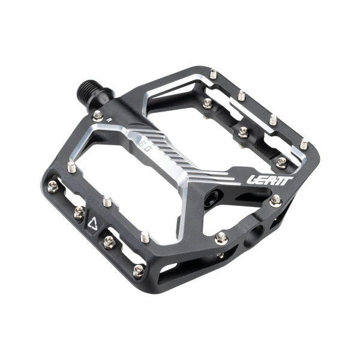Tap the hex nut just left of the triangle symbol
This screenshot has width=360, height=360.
tap(78, 211)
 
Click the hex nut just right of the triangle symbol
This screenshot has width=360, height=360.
tap(109, 242)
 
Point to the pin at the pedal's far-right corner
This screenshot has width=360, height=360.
tap(305, 143)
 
